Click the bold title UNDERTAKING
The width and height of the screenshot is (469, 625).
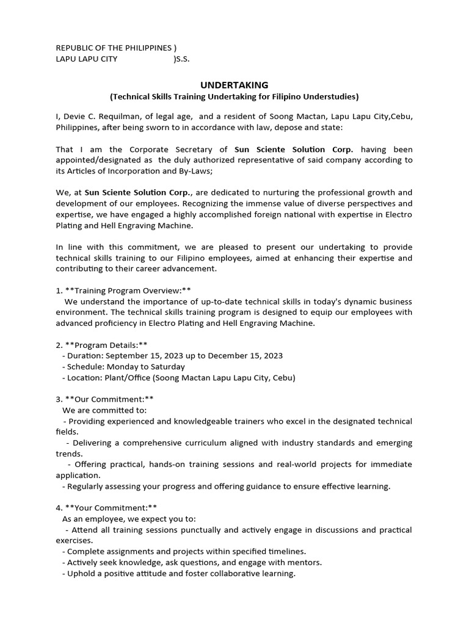(234, 85)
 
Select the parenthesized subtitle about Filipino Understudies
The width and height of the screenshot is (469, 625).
(234, 96)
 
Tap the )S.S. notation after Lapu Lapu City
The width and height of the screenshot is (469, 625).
(182, 59)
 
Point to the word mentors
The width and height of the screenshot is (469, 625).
(304, 562)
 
